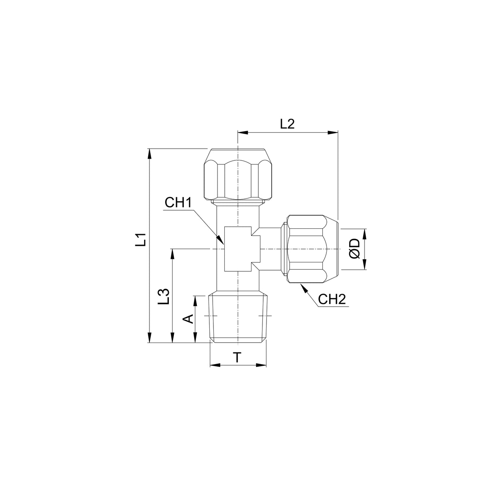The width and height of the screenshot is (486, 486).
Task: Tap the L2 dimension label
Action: coord(287,124)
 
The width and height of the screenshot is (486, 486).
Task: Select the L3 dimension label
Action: coord(163,296)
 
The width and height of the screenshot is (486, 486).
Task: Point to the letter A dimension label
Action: coord(188,319)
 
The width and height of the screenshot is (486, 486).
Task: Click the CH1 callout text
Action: coord(178,202)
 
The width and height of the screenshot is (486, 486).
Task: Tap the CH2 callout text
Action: coord(332,299)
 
